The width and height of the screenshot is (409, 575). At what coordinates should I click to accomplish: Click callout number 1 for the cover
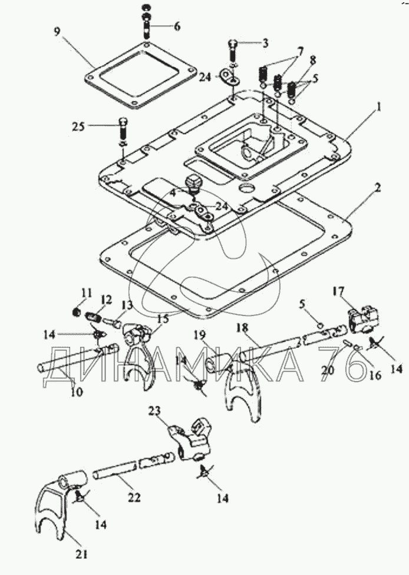pyautogui.click(x=380, y=107)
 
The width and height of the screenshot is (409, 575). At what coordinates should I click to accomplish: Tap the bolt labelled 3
pyautogui.click(x=232, y=45)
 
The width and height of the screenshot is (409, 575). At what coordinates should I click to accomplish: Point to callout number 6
pyautogui.click(x=177, y=26)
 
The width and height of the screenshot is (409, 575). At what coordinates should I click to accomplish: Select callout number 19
pyautogui.click(x=200, y=336)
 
